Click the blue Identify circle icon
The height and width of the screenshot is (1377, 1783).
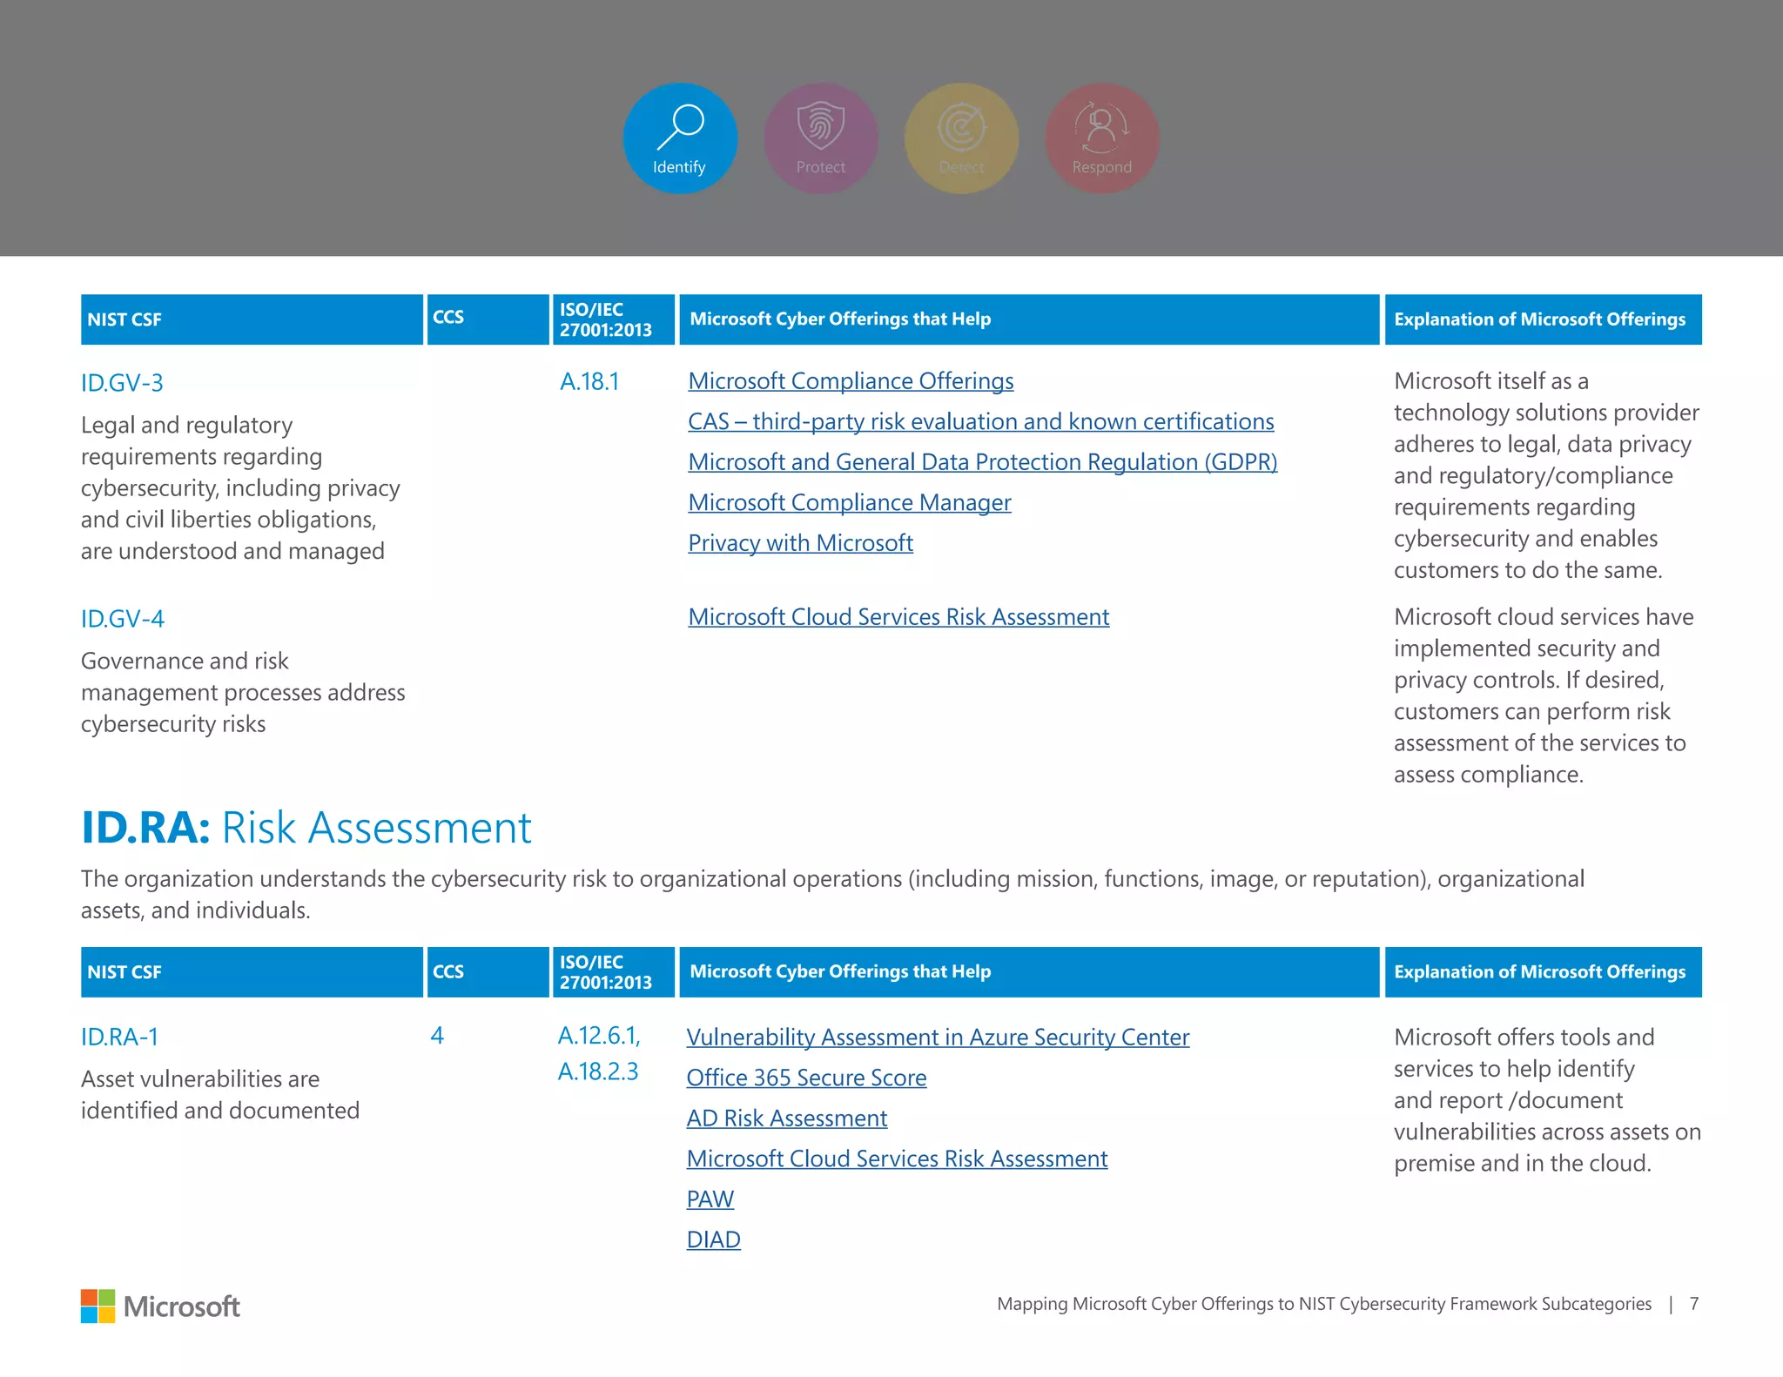click(680, 138)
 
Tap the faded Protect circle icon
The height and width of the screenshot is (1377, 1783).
click(820, 138)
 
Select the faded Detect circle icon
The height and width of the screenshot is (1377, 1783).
click(961, 138)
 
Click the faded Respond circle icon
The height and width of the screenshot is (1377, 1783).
click(1101, 138)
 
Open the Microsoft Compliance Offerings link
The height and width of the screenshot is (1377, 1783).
click(851, 381)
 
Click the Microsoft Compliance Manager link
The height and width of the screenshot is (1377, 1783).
click(849, 502)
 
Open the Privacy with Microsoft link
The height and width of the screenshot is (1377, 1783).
click(800, 543)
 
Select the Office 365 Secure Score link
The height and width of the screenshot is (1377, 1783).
click(806, 1078)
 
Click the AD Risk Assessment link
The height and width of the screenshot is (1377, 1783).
click(786, 1118)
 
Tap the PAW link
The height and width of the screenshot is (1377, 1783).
click(710, 1199)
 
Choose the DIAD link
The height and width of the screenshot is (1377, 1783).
click(713, 1239)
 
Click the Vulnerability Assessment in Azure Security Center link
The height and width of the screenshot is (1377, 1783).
click(938, 1038)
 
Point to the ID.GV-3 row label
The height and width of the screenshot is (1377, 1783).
click(122, 383)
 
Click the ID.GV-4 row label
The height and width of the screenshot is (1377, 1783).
click(123, 619)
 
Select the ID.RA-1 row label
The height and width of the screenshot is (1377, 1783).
click(120, 1038)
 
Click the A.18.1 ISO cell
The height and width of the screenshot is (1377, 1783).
click(589, 381)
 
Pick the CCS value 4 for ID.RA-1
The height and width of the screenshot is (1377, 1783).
click(437, 1036)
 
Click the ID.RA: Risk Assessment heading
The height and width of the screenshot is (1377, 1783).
click(306, 827)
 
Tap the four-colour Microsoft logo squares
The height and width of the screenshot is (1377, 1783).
click(98, 1306)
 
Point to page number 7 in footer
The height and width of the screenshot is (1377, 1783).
click(1694, 1304)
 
